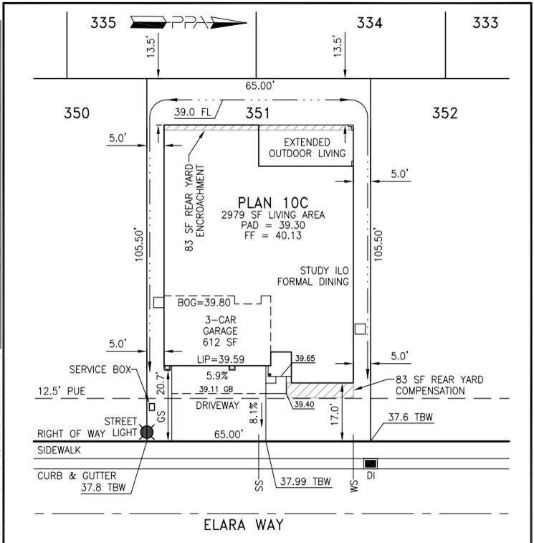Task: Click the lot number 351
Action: pyautogui.click(x=257, y=113)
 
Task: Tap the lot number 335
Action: pyautogui.click(x=103, y=22)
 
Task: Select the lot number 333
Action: pyautogui.click(x=485, y=22)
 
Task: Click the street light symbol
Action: pyautogui.click(x=147, y=432)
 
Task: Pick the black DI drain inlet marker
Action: pyautogui.click(x=371, y=463)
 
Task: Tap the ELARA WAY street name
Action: pyautogui.click(x=244, y=524)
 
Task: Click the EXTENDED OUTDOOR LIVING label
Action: pyautogui.click(x=307, y=148)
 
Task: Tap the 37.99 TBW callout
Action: pyautogui.click(x=305, y=482)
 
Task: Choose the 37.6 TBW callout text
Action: pyautogui.click(x=410, y=417)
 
